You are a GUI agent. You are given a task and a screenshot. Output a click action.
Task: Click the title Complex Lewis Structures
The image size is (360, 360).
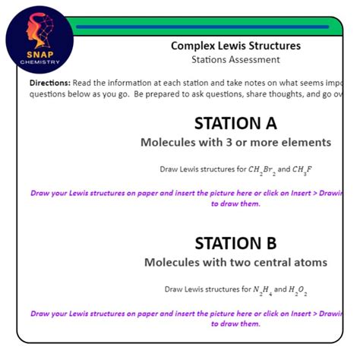pyautogui.click(x=235, y=46)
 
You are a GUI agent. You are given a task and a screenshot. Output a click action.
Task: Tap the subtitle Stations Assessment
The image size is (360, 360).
pyautogui.click(x=235, y=59)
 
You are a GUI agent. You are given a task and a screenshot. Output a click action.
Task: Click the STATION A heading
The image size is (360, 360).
pyautogui.click(x=235, y=123)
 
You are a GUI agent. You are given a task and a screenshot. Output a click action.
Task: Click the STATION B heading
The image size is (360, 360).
pyautogui.click(x=235, y=243)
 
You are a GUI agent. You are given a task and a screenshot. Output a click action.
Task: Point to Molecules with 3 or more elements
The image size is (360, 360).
pyautogui.click(x=235, y=142)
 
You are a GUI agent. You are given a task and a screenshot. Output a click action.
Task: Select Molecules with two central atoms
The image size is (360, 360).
pyautogui.click(x=235, y=262)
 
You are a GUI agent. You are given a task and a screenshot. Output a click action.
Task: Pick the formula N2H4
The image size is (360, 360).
pyautogui.click(x=262, y=289)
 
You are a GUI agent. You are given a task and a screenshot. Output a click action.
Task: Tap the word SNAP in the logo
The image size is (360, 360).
pyautogui.click(x=39, y=54)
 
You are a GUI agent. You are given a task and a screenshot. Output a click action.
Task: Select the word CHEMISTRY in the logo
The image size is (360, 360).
pyautogui.click(x=39, y=62)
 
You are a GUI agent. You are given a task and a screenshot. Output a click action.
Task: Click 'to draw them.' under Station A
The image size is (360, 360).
pyautogui.click(x=235, y=204)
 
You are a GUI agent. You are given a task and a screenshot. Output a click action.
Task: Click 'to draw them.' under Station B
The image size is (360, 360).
pyautogui.click(x=235, y=324)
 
